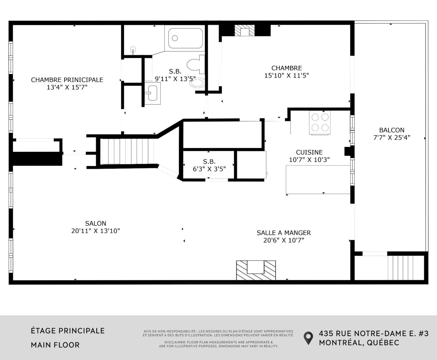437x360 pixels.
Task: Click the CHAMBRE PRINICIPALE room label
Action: [67, 80]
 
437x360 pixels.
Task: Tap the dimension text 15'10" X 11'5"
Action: [286, 75]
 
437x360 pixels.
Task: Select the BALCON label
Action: [392, 130]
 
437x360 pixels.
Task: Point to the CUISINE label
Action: [309, 152]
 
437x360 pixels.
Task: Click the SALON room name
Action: [95, 223]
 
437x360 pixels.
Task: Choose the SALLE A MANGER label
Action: [284, 233]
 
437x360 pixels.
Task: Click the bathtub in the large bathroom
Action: [185, 38]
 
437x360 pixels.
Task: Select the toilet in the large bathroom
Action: [196, 64]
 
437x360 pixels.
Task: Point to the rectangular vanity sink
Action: [152, 93]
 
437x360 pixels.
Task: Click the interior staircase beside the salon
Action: [127, 151]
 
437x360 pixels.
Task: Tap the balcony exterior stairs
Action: [400, 268]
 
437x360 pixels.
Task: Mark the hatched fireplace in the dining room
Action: [256, 270]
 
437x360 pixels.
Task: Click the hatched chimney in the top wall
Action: [245, 30]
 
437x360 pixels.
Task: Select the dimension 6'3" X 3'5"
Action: [209, 169]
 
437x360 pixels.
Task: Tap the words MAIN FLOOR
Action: [55, 345]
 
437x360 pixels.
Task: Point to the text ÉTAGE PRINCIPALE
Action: [68, 331]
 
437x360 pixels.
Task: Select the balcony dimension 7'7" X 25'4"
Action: [392, 138]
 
